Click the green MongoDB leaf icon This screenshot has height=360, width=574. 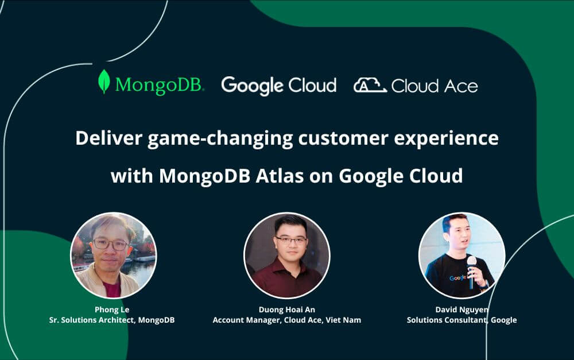tap(104, 82)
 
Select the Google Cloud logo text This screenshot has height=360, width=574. tap(278, 86)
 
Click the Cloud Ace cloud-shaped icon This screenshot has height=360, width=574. tap(370, 86)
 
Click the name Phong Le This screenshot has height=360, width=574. tap(112, 309)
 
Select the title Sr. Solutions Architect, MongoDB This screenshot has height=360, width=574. tap(112, 320)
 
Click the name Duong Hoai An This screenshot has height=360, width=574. tap(286, 309)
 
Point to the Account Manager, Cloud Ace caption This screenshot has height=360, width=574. tap(286, 320)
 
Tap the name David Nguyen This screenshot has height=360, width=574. tap(461, 309)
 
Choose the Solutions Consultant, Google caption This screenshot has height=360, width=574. tap(461, 320)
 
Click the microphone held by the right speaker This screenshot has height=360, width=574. tap(471, 264)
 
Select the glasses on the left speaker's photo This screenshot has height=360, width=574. tap(111, 243)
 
